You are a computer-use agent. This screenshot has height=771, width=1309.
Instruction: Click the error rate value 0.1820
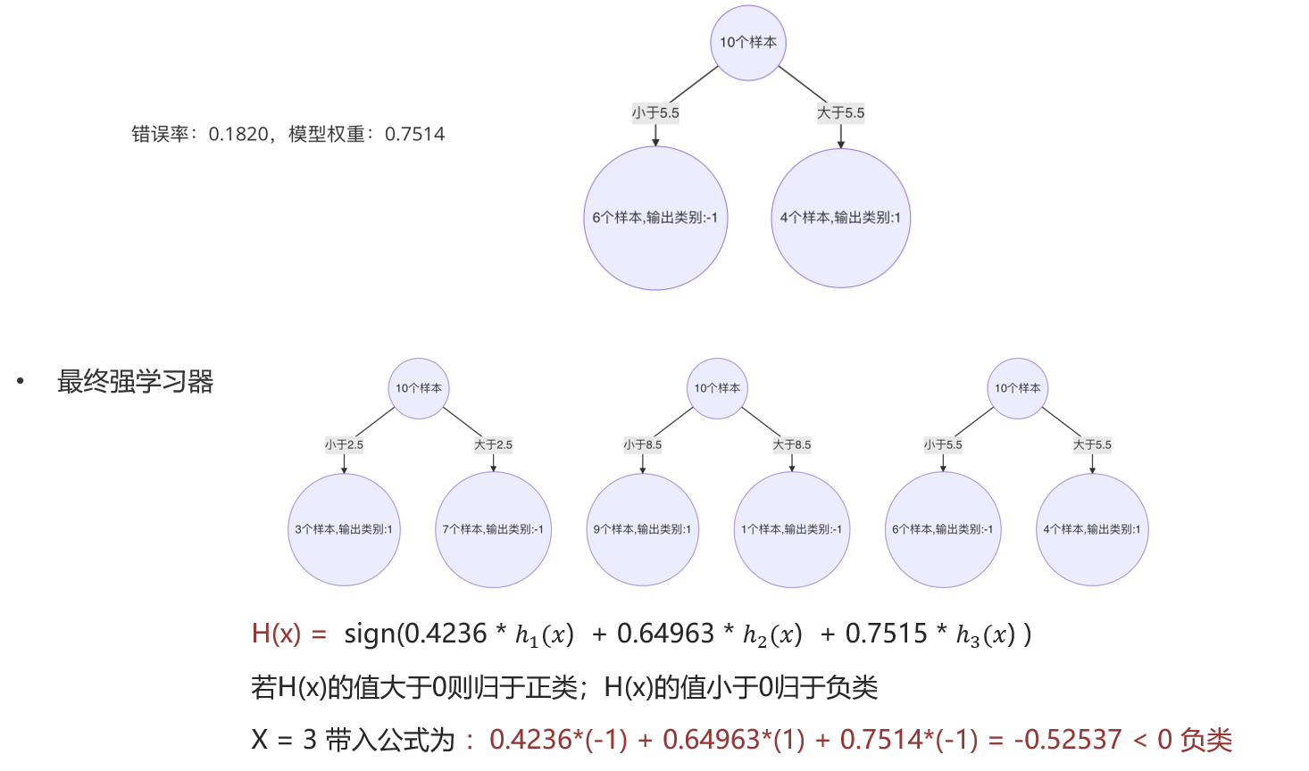tap(238, 135)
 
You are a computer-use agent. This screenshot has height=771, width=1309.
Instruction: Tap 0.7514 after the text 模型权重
tap(414, 135)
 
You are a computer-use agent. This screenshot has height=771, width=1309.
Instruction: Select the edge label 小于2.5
tap(344, 444)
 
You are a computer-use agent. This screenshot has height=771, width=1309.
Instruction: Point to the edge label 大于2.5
tap(493, 444)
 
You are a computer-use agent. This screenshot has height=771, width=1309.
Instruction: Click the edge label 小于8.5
tap(643, 444)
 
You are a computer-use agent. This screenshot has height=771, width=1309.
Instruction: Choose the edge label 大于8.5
tap(792, 444)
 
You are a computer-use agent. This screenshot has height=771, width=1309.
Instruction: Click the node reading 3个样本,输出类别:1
tap(344, 529)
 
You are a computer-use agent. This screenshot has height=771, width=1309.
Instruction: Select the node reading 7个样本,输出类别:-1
tap(493, 529)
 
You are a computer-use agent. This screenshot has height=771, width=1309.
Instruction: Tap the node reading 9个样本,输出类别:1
tap(643, 529)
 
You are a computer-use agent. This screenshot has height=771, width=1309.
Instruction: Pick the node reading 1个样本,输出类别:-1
tap(792, 529)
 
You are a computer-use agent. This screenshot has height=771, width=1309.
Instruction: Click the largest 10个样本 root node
tap(748, 43)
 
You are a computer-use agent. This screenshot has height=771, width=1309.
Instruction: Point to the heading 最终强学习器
tap(135, 381)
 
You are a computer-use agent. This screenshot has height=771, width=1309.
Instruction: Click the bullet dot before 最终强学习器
tap(21, 381)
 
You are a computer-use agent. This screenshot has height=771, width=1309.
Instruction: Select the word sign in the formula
tap(370, 634)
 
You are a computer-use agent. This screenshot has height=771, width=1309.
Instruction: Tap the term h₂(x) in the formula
tap(772, 635)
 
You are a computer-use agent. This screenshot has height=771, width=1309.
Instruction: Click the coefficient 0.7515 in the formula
tap(886, 634)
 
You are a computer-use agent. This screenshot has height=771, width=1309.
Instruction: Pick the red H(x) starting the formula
tap(276, 634)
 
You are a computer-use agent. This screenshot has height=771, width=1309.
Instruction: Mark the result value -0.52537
tap(1068, 740)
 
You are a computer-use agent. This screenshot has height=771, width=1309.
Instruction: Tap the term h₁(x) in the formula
tap(545, 635)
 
